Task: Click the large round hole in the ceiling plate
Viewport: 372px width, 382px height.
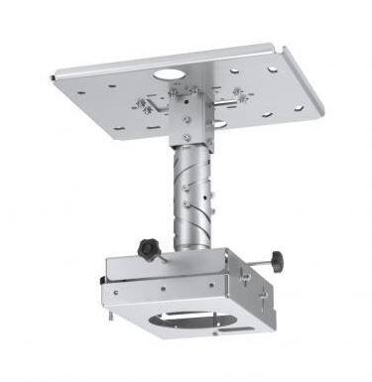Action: pos(170,73)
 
